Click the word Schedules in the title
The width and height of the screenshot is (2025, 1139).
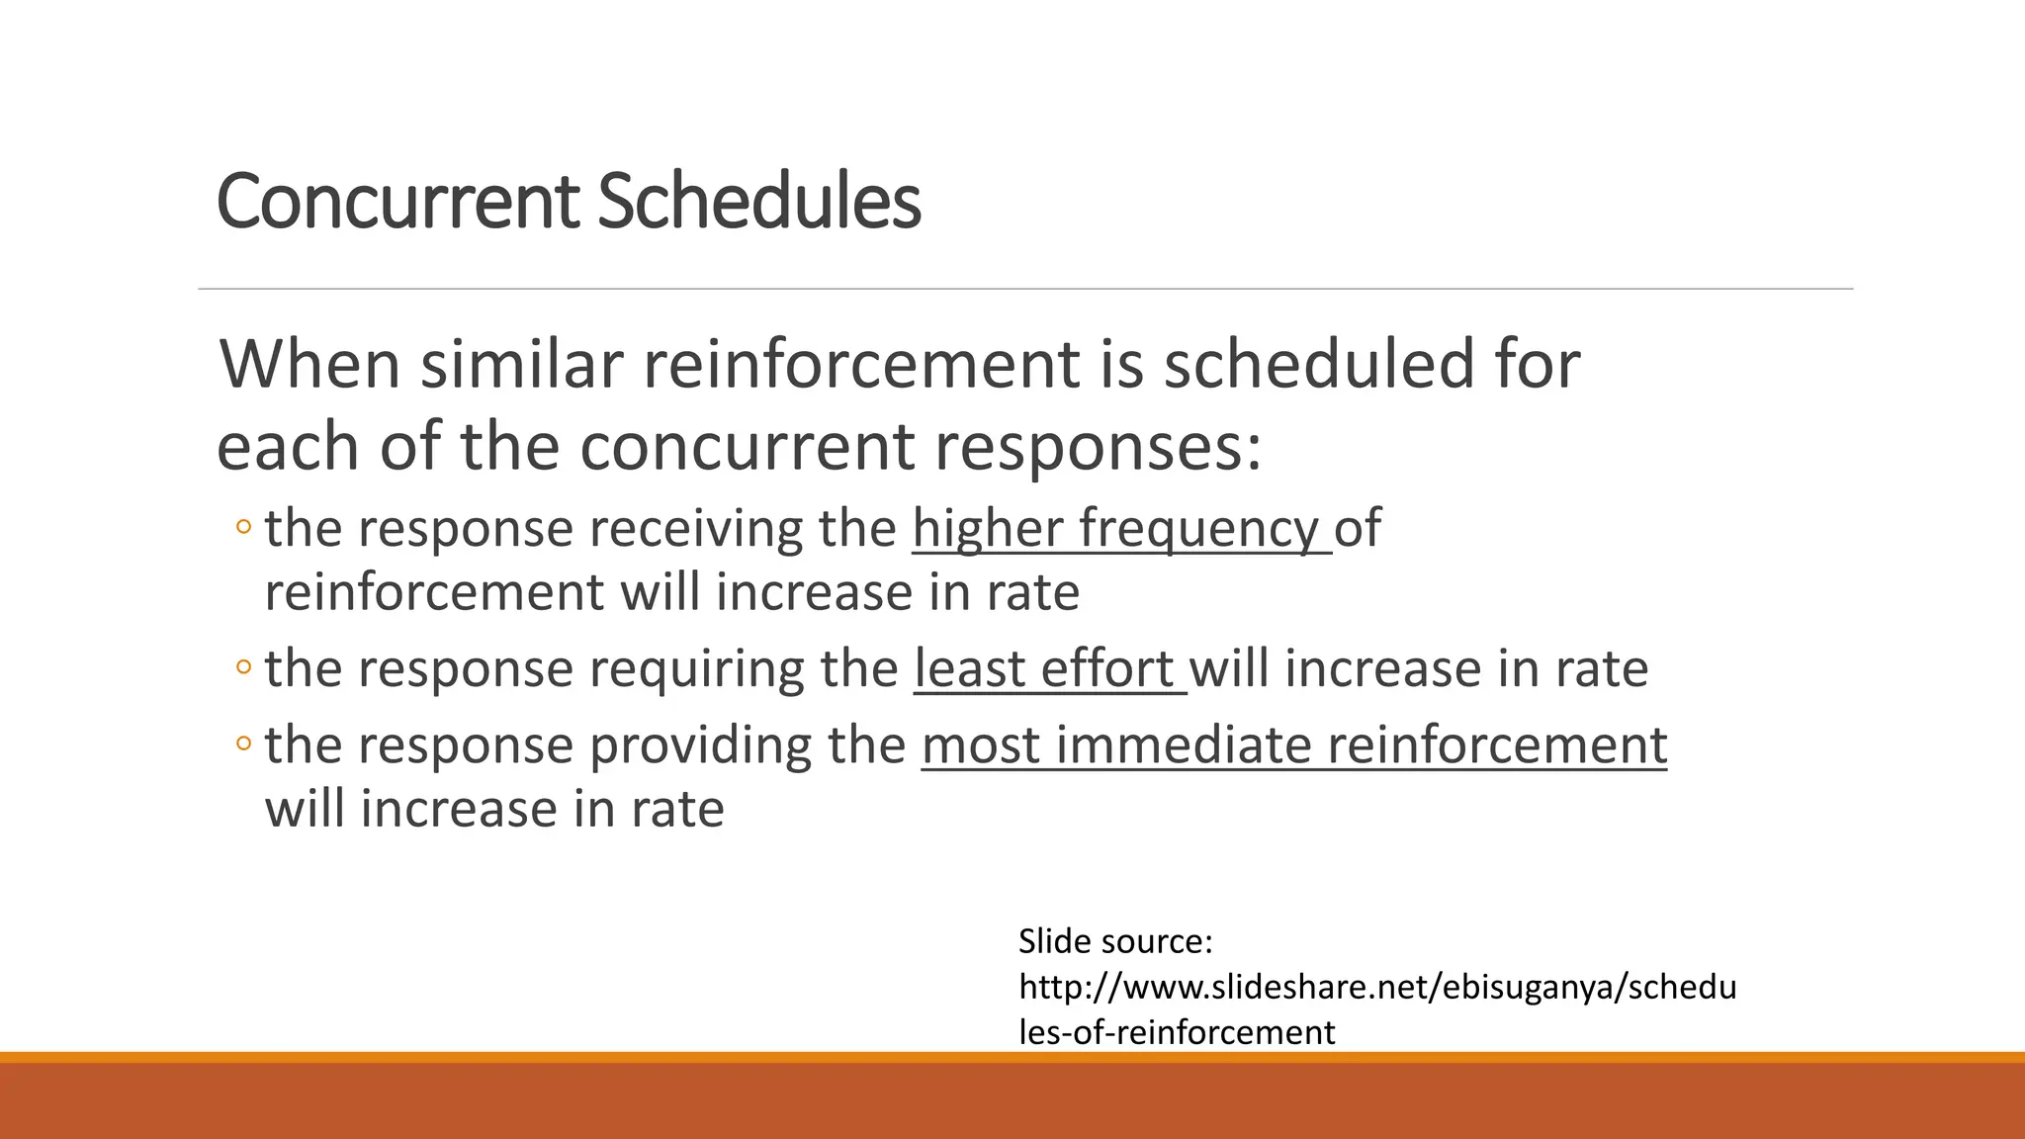point(758,202)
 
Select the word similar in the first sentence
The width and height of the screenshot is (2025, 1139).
point(522,364)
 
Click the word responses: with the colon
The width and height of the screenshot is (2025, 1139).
point(1099,447)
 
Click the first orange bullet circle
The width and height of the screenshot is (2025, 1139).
point(243,527)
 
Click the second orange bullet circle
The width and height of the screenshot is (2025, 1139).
point(243,667)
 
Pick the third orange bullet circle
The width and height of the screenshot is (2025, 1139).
point(243,744)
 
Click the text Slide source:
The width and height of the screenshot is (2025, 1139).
point(1114,941)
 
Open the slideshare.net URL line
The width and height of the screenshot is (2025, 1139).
point(1376,987)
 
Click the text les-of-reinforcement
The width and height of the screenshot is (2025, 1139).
point(1176,1032)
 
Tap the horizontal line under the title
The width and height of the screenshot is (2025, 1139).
point(1024,289)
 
